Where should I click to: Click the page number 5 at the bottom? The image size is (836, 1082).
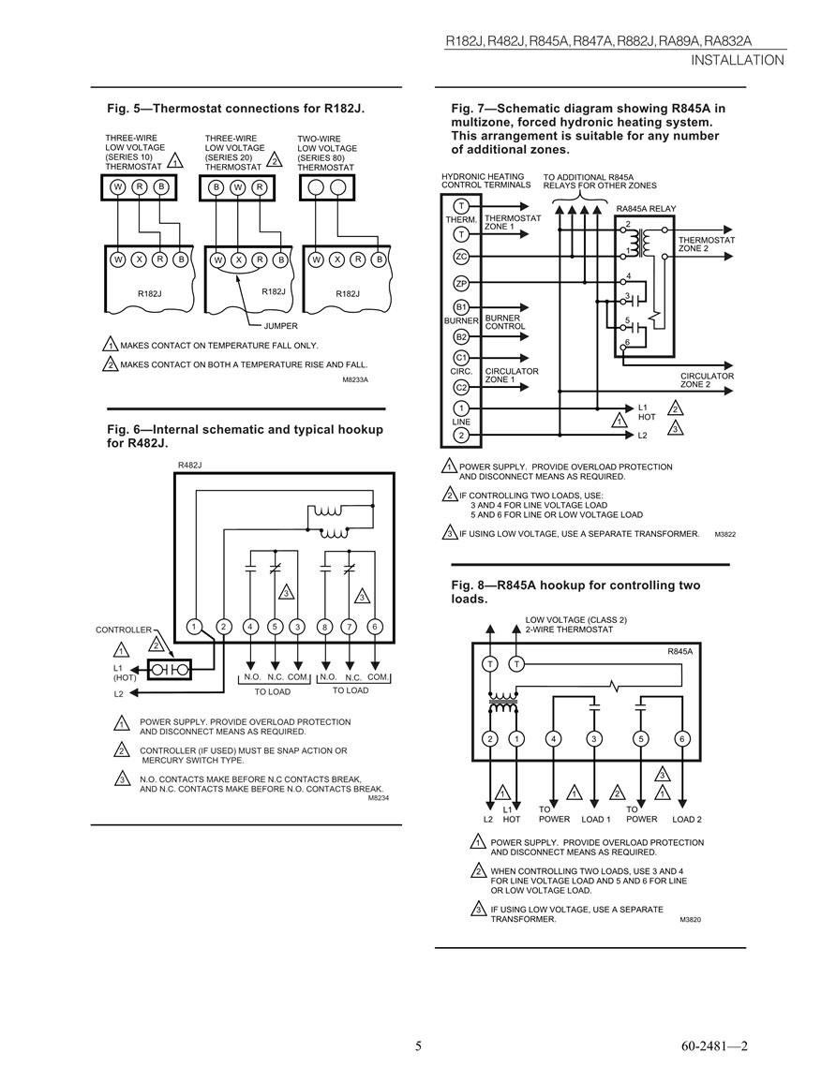tap(418, 1046)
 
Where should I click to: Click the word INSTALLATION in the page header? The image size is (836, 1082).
tap(738, 60)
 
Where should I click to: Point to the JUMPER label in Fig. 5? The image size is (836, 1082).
tap(281, 326)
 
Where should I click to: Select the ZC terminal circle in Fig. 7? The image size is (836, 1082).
tap(461, 257)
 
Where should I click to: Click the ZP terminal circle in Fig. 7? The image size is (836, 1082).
tap(461, 283)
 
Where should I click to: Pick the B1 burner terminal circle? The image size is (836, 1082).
tap(461, 307)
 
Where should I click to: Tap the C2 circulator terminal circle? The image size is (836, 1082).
tap(461, 387)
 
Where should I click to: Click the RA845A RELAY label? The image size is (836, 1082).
tap(646, 208)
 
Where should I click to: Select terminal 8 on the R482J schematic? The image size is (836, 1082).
tap(324, 627)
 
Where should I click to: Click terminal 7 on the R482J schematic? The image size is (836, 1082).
tap(350, 627)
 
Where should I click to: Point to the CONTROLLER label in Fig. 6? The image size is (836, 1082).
tap(124, 630)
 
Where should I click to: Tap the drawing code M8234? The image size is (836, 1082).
tap(379, 798)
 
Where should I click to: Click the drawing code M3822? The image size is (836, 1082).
tap(724, 534)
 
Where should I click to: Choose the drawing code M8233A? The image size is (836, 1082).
tap(355, 378)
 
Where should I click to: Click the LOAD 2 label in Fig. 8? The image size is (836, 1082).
tap(687, 819)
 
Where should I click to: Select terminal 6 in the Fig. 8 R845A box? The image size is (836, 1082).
tap(682, 739)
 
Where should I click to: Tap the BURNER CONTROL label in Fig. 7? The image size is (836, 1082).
tap(505, 322)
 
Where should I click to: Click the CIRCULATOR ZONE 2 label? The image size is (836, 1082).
tap(707, 380)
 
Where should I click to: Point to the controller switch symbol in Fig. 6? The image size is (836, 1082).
tap(169, 670)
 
